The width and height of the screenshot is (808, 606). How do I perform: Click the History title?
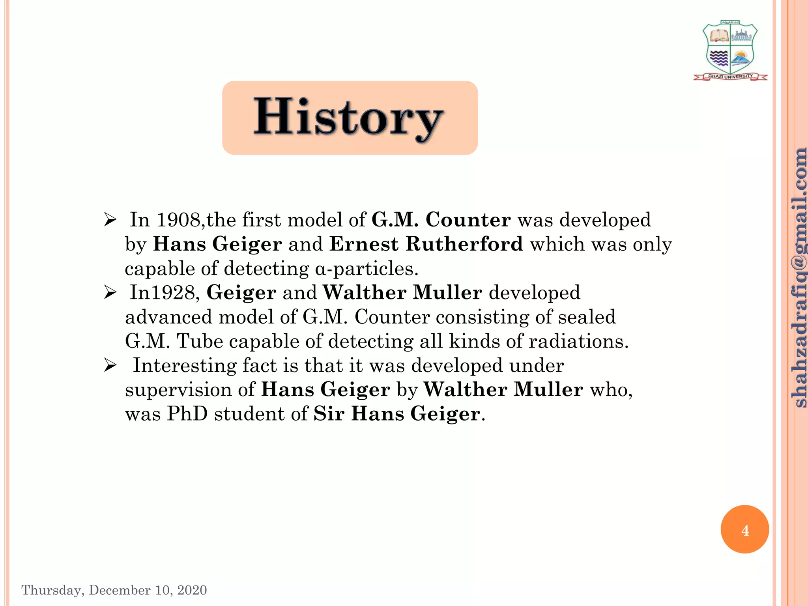coord(349,118)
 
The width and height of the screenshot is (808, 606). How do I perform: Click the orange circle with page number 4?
coord(744,529)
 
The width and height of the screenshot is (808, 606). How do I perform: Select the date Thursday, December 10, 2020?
coord(114,590)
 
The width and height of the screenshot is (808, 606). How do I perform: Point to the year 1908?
coord(179,220)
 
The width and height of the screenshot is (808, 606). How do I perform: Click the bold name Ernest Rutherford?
coord(426,244)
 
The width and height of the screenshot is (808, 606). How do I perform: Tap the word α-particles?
coord(367,269)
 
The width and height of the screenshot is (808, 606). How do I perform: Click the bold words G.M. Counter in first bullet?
coord(441,219)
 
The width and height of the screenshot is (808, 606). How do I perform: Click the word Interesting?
coord(184,365)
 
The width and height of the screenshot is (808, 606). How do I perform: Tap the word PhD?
coord(187,414)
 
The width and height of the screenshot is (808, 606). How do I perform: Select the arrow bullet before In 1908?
coord(110,220)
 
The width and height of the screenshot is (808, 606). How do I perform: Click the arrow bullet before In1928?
coord(110,293)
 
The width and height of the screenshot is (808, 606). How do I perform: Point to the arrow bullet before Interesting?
coord(110,365)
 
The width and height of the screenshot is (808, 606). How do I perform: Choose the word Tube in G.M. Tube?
coord(200,341)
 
